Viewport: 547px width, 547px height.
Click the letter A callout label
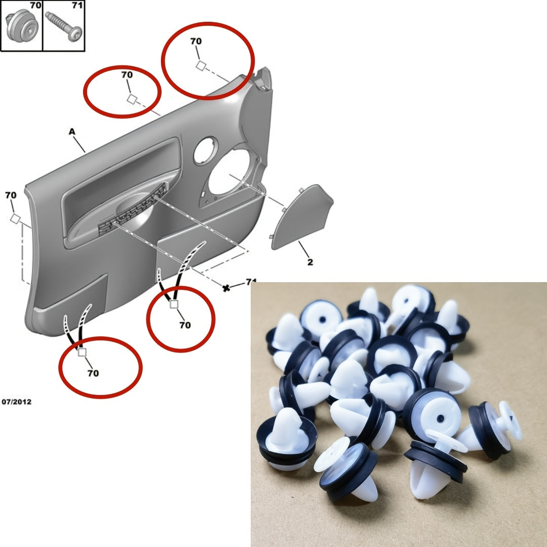[72, 132]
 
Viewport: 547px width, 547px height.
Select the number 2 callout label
[310, 262]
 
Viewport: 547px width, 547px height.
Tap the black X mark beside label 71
[226, 288]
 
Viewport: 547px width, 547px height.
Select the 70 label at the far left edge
[11, 195]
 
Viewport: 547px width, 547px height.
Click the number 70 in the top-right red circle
[196, 42]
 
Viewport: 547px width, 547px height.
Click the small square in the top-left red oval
[131, 99]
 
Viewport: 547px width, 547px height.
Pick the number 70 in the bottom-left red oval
[93, 373]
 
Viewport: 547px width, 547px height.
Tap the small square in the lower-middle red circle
[174, 304]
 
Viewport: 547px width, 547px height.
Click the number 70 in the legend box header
[35, 6]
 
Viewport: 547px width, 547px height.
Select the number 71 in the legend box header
[77, 6]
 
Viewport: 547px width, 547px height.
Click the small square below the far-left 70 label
[15, 219]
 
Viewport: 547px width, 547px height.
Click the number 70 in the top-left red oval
[127, 74]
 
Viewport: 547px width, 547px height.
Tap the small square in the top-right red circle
[201, 65]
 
